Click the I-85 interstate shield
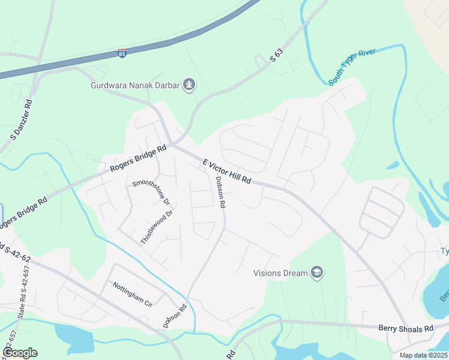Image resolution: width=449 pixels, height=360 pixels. point(122,53)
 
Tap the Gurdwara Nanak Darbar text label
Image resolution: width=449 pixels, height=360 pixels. point(135,85)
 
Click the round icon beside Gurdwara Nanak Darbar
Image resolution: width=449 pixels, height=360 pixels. point(189,85)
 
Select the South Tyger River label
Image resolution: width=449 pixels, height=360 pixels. point(352,67)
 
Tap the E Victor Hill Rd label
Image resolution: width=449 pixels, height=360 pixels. point(226,172)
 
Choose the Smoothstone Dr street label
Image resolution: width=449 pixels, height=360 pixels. point(151,193)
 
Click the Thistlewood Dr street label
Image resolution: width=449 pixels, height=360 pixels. point(157,226)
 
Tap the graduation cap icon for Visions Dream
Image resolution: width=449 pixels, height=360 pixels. point(317,273)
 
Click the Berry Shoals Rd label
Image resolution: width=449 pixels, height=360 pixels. point(406,328)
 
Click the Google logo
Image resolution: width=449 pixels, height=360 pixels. point(19,353)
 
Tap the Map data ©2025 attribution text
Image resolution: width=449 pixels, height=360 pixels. point(423,355)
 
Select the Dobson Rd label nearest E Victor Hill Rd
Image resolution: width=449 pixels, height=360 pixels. point(220,192)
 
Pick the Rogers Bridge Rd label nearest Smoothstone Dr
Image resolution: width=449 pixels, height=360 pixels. point(138,160)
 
